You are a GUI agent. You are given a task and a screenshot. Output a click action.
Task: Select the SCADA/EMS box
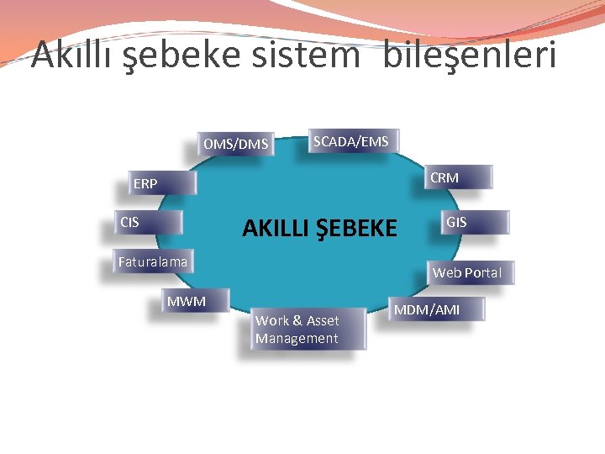(x=351, y=142)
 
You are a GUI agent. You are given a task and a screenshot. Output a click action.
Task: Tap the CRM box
(x=457, y=177)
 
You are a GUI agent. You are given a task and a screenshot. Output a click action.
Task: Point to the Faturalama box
(x=153, y=261)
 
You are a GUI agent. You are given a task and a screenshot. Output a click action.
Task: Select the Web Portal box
(x=467, y=272)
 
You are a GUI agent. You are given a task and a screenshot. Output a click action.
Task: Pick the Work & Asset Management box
(x=308, y=329)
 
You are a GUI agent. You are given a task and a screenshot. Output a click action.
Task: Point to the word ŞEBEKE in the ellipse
(x=358, y=228)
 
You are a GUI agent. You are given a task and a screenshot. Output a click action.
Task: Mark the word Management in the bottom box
(x=297, y=338)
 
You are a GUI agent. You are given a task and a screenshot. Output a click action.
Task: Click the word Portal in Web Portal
(x=482, y=272)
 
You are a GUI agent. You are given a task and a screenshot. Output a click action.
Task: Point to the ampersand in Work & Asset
(x=297, y=320)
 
